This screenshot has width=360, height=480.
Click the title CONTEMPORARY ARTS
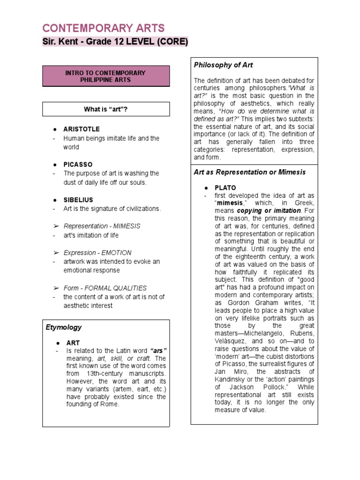[x=104, y=28]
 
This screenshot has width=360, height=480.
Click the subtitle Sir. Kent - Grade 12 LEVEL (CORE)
[x=115, y=42]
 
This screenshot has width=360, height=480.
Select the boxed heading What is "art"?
[x=105, y=109]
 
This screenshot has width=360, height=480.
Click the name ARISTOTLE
[x=82, y=129]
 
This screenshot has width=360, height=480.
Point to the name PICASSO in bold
[x=78, y=165]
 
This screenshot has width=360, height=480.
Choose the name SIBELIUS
[x=78, y=200]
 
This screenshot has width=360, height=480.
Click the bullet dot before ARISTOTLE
[x=55, y=129]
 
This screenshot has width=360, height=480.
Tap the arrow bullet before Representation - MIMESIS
[x=55, y=226]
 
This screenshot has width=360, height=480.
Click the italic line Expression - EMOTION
[x=97, y=253]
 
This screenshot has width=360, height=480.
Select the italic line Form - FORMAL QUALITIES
[x=105, y=288]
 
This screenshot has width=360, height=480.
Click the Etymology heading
[x=64, y=327]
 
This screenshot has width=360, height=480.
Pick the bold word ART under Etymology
[x=74, y=343]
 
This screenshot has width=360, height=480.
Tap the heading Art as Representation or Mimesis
[x=249, y=172]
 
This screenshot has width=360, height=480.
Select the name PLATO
[x=225, y=187]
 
